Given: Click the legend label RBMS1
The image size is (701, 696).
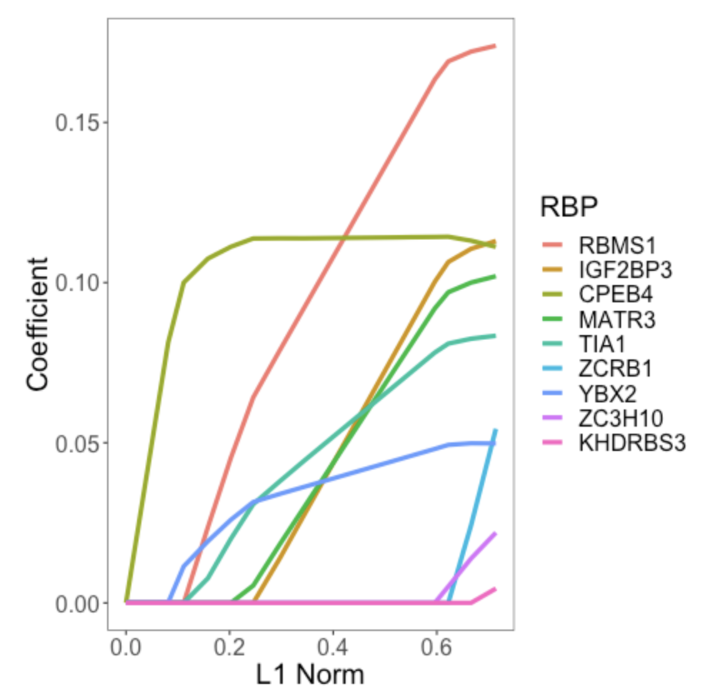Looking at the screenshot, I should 617,246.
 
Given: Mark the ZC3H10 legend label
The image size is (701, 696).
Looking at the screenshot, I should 622,419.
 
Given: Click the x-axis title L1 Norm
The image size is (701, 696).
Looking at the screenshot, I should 310,673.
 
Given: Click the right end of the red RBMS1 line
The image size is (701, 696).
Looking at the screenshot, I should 495,46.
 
